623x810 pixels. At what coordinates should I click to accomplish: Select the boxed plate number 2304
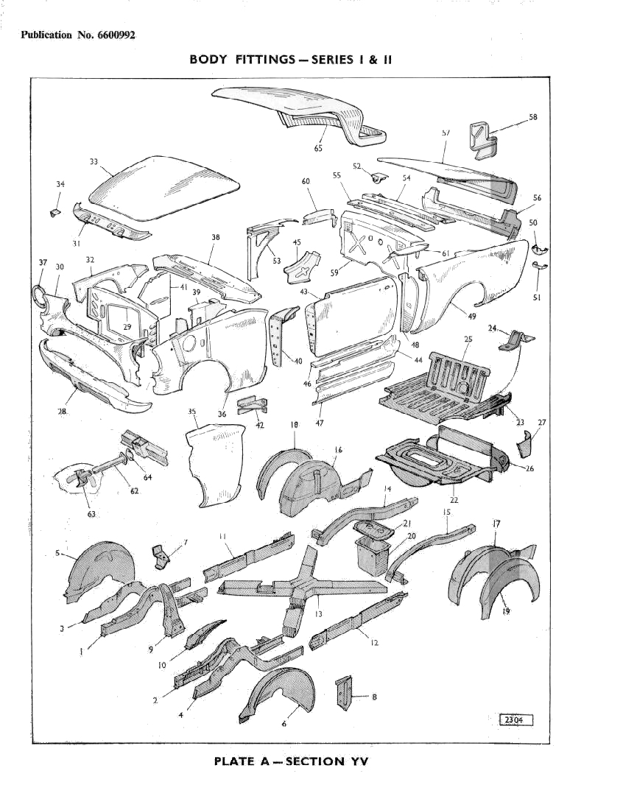click(x=515, y=720)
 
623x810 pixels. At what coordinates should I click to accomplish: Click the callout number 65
click(x=318, y=149)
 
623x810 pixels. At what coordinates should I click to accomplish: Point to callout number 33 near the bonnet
click(x=94, y=162)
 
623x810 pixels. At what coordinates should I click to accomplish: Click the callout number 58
click(x=532, y=117)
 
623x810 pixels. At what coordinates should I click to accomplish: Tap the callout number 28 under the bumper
click(x=63, y=411)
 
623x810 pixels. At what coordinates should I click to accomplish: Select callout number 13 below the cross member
click(x=318, y=613)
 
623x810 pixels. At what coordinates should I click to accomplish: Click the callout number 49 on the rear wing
click(x=471, y=317)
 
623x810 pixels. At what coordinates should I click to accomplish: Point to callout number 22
click(x=454, y=500)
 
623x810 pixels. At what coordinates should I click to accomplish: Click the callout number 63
click(x=91, y=514)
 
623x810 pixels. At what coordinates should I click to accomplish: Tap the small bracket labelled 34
click(x=53, y=212)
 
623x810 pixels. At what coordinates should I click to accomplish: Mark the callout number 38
click(x=215, y=238)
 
